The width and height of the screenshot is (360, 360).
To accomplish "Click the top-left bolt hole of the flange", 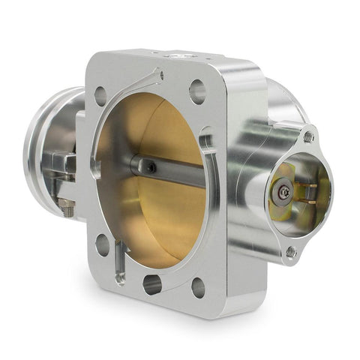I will [100, 95].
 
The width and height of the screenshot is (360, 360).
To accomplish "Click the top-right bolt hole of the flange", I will [197, 91].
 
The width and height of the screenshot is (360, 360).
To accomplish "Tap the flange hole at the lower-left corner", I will [102, 244].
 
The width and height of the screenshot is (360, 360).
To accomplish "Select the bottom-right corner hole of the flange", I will [198, 286].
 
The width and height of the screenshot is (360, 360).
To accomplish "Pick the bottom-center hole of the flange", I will [152, 283].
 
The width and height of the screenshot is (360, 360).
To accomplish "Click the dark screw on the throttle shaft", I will [152, 169].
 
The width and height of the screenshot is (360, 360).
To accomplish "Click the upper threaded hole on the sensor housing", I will [308, 137].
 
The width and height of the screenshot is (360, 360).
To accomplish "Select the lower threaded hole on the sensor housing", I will [290, 252].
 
